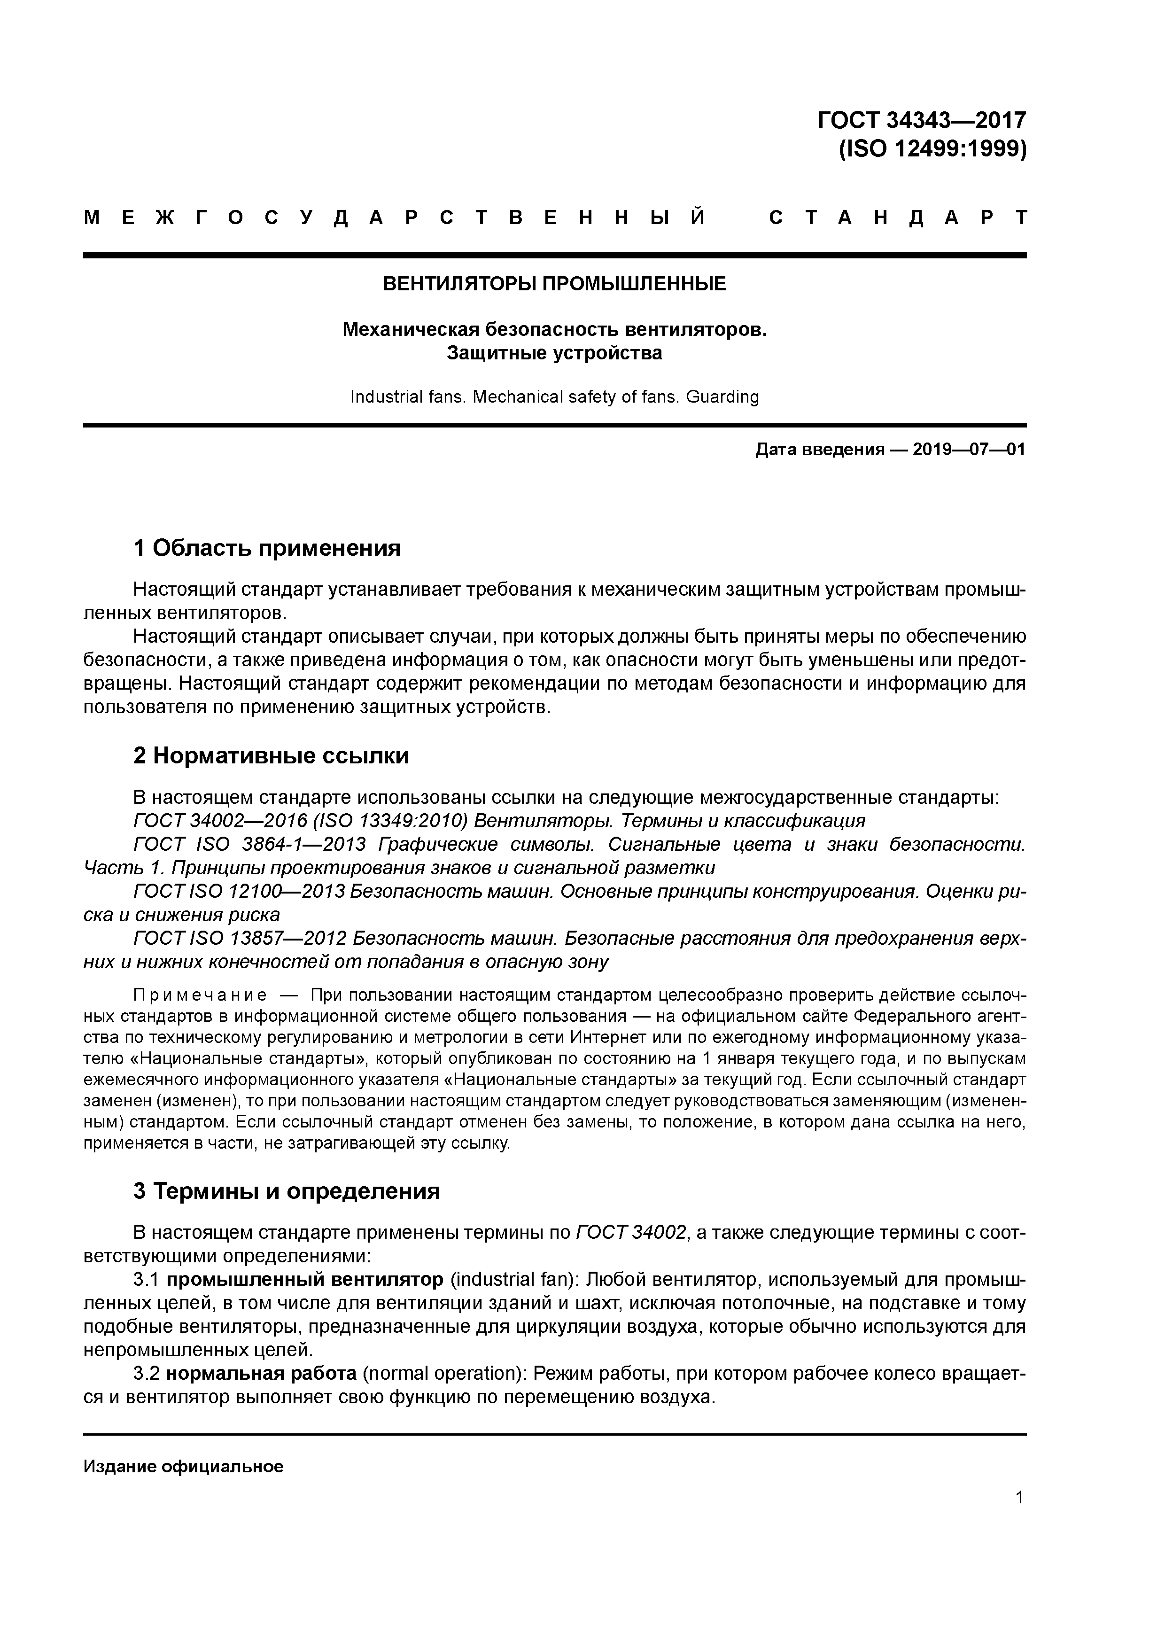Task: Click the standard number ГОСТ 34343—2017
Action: pos(922,120)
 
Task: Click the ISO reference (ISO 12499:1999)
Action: pos(932,149)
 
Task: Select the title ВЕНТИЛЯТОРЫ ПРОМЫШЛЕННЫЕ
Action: pos(554,284)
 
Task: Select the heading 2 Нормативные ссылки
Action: pos(272,756)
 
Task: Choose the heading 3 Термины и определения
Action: pos(287,1191)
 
